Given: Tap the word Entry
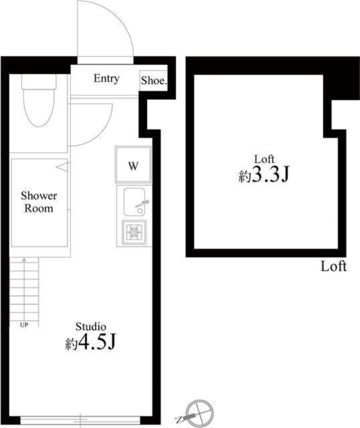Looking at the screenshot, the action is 107,79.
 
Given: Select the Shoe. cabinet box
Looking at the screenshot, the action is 153,81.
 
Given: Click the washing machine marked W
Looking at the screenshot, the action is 133,165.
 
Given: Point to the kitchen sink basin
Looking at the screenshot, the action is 134,202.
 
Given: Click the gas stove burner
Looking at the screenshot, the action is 134,231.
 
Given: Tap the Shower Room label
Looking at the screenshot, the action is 39,202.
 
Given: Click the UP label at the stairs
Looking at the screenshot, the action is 24,325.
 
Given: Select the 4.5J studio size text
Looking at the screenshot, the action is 91,343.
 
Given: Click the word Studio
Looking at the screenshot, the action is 91,327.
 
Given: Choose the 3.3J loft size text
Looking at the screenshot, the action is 264,175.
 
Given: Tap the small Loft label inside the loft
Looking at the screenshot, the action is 264,159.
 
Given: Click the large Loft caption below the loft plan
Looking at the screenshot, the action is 334,266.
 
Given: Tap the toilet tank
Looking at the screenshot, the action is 39,81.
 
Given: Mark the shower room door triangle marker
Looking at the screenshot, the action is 62,167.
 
